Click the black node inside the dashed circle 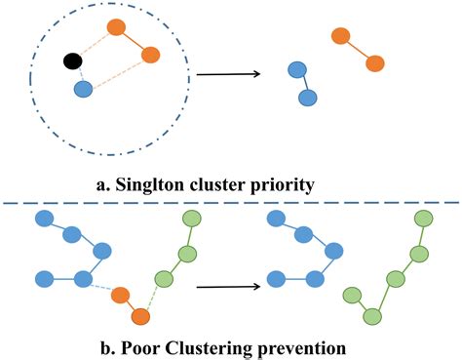tap(72, 62)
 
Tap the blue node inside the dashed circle tap(83, 89)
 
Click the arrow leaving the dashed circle tap(230, 73)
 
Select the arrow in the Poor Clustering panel tap(230, 287)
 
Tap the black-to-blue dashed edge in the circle tap(77, 76)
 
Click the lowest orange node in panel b tap(140, 316)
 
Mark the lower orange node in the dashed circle tap(150, 56)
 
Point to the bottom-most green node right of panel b tap(371, 315)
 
